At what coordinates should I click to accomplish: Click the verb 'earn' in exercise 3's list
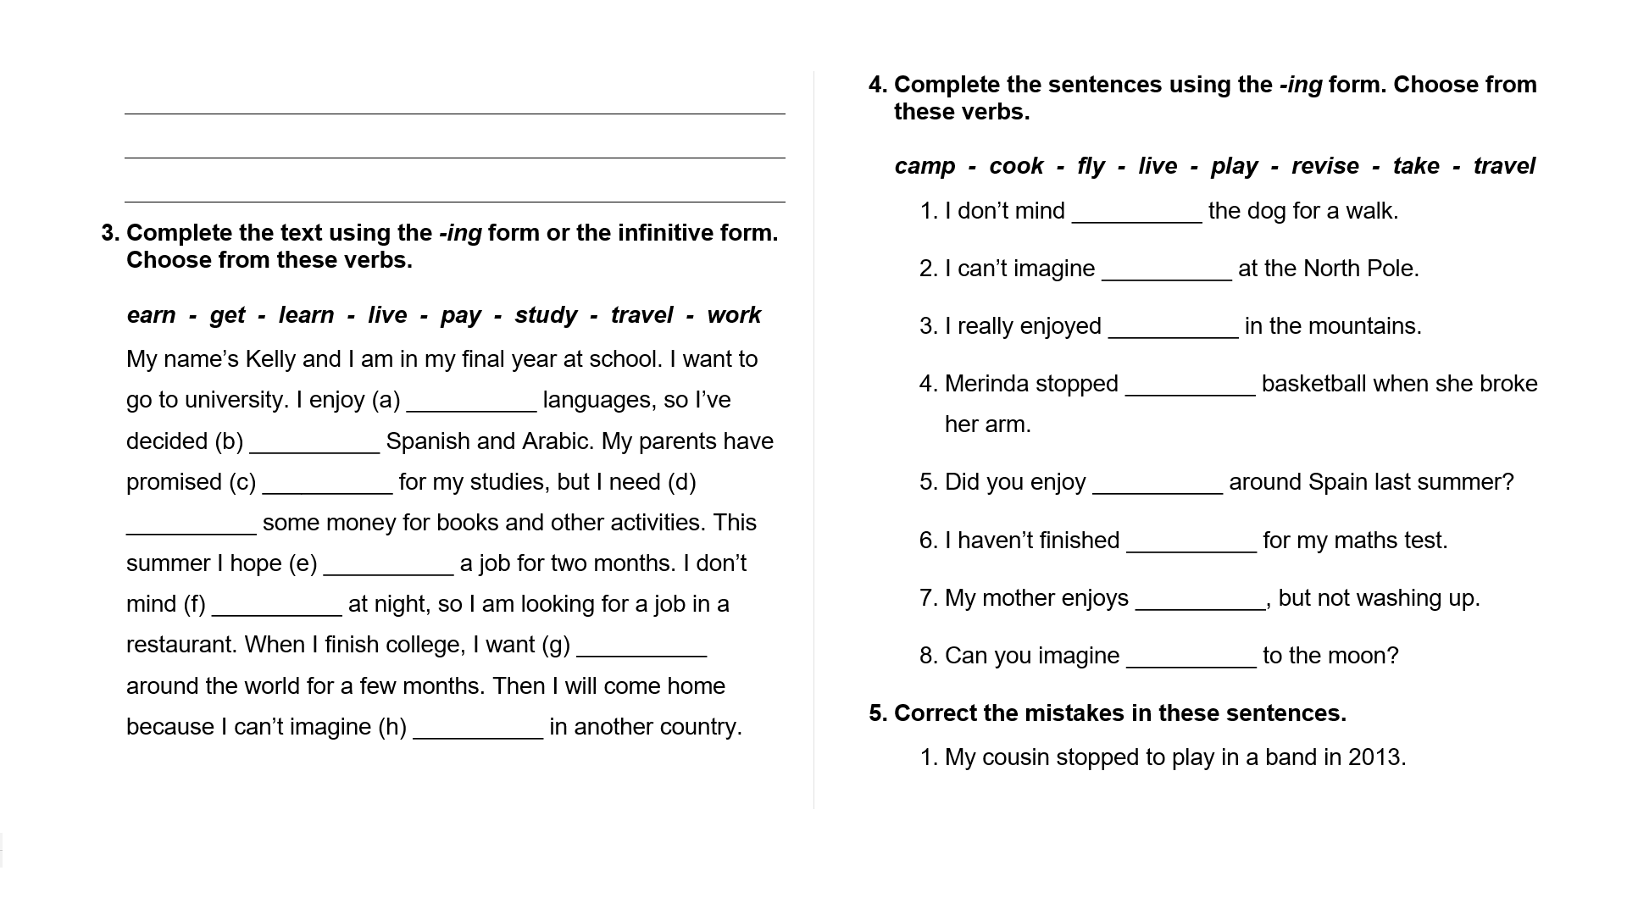tap(151, 315)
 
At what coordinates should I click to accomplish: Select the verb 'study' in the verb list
tap(546, 315)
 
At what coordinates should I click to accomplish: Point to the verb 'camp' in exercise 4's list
tap(924, 166)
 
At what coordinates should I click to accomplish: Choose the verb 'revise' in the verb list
tap(1325, 166)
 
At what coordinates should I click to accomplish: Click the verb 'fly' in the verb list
tap(1091, 166)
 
